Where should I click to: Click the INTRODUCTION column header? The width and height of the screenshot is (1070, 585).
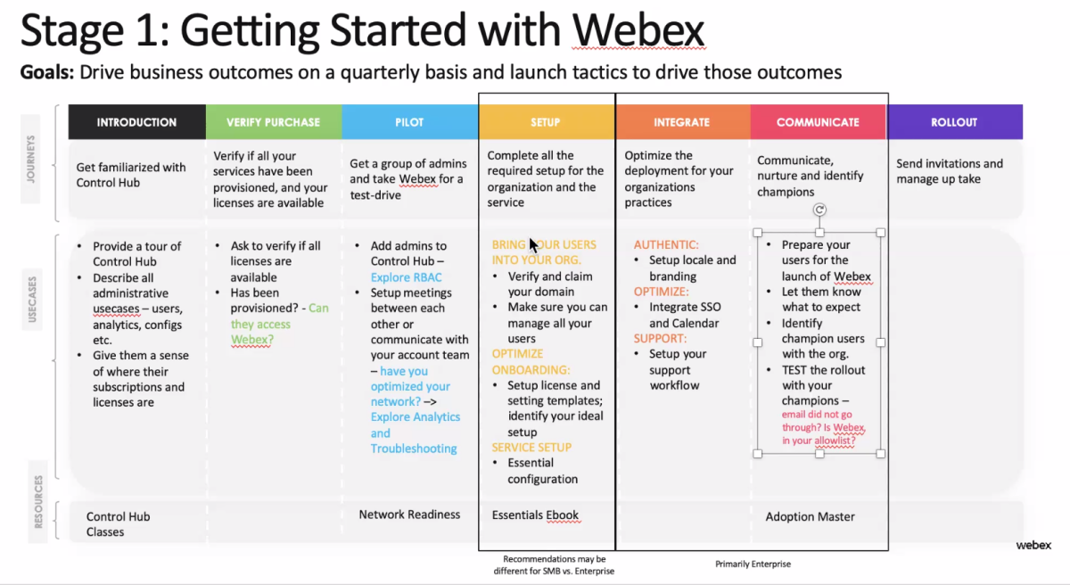click(136, 122)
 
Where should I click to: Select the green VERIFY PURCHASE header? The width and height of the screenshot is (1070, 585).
click(273, 122)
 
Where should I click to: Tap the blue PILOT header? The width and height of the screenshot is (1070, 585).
click(409, 122)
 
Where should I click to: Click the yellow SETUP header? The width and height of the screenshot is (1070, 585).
click(546, 122)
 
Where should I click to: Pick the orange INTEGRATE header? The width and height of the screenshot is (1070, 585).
click(681, 122)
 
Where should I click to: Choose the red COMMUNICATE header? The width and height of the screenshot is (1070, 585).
click(818, 122)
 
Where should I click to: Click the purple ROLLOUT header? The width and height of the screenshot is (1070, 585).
click(954, 122)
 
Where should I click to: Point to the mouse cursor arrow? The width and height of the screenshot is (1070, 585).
click(532, 244)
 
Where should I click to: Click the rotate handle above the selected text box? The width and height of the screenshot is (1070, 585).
click(819, 210)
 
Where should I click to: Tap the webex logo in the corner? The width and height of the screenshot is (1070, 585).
click(1033, 545)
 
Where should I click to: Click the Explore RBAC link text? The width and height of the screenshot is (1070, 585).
click(407, 277)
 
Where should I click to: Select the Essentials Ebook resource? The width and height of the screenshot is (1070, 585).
click(535, 515)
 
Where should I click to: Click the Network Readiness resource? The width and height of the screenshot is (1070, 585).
click(409, 515)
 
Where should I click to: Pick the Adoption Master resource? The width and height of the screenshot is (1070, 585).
click(810, 516)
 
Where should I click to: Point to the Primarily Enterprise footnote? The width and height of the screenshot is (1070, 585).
click(753, 564)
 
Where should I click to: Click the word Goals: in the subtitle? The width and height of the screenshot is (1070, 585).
click(47, 72)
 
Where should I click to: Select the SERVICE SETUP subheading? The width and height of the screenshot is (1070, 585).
click(531, 448)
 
